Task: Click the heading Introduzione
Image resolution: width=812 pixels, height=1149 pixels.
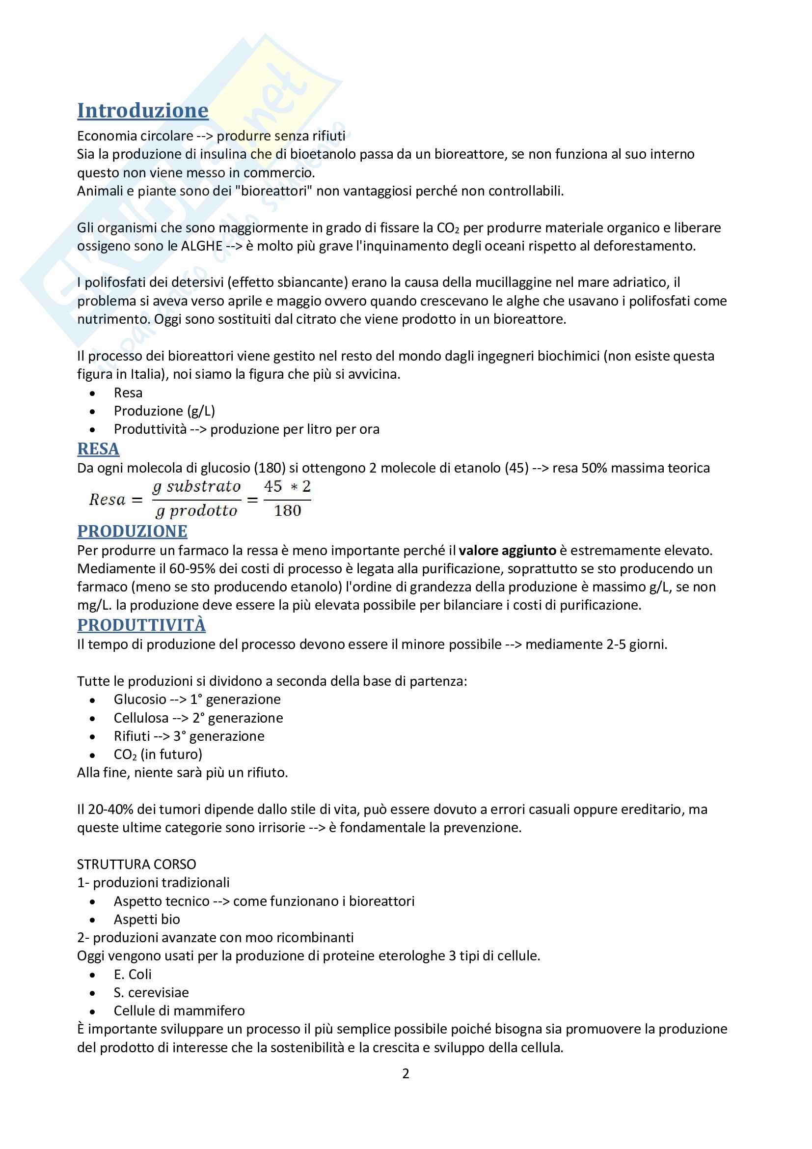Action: (142, 111)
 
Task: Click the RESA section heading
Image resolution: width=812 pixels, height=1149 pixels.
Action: (98, 449)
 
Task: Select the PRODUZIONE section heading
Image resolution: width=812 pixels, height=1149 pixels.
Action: (132, 531)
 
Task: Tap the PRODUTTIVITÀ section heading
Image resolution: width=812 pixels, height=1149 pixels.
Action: (141, 625)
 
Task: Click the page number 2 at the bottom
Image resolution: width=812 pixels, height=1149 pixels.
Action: (406, 1073)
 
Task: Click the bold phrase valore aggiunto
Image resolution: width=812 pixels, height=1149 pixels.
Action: (507, 551)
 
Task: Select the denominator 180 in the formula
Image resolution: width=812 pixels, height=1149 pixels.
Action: (288, 511)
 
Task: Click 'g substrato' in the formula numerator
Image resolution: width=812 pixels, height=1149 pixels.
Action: (196, 486)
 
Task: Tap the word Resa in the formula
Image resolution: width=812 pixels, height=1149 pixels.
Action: (107, 500)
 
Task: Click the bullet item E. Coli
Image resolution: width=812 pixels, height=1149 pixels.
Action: (133, 974)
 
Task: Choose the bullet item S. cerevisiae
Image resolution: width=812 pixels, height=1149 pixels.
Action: (151, 992)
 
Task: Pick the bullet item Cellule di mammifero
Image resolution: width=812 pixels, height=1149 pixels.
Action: (179, 1010)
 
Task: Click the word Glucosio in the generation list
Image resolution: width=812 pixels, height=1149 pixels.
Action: (140, 699)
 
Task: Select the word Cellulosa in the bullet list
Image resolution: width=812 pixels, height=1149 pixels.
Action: (141, 718)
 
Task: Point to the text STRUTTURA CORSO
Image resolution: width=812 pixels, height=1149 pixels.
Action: (136, 864)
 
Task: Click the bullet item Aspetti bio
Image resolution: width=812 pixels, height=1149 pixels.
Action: (146, 919)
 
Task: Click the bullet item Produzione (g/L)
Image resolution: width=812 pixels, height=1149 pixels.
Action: (164, 411)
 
